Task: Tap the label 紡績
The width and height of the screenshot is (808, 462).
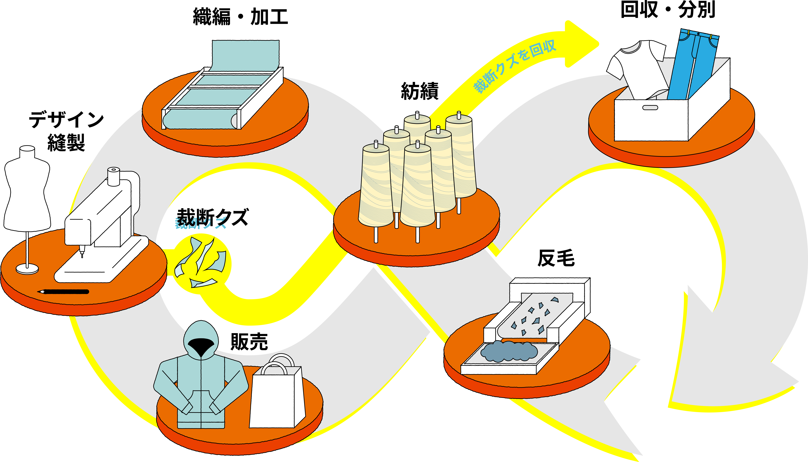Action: coord(420,91)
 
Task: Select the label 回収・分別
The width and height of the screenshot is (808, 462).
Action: coord(668,10)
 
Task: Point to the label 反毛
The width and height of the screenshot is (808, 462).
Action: coord(556,258)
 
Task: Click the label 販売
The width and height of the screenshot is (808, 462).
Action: coord(249,342)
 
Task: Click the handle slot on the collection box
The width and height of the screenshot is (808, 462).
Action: coord(650,108)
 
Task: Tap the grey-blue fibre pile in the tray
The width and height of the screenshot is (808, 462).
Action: coord(509,351)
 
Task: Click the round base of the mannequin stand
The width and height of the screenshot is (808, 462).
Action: coord(27,269)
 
